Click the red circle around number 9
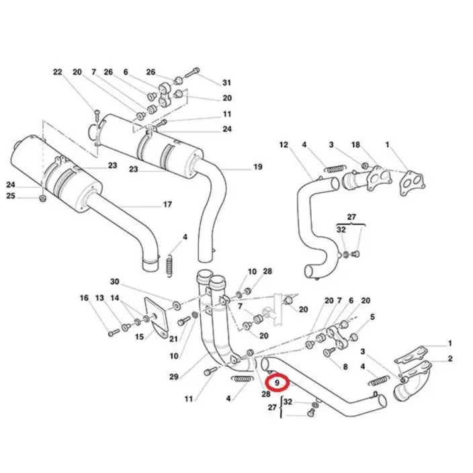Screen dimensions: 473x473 click(277, 382)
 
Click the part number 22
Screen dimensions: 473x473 click(57, 72)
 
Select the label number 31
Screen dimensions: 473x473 click(226, 83)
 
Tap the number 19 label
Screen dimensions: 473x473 click(257, 167)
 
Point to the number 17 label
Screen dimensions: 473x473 click(167, 204)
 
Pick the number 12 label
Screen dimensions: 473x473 click(284, 144)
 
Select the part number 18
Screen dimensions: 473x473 click(355, 144)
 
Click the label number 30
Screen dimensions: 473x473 click(114, 281)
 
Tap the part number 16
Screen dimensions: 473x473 click(84, 298)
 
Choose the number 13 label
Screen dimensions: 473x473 click(99, 298)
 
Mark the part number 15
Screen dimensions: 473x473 click(140, 337)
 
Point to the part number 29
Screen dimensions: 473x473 click(174, 378)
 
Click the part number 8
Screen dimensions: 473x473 click(345, 367)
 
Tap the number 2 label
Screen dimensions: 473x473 click(449, 359)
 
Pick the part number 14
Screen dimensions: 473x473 click(115, 298)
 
